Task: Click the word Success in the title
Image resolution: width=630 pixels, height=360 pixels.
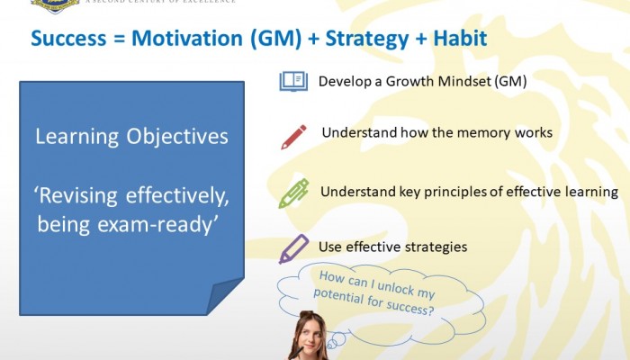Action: [x=68, y=38]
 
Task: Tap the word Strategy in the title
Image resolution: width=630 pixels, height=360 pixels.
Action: [x=366, y=40]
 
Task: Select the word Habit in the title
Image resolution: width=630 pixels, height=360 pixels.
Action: [x=460, y=38]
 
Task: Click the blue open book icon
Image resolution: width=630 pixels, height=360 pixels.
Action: [x=293, y=82]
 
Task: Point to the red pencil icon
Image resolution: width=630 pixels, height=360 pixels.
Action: [x=293, y=137]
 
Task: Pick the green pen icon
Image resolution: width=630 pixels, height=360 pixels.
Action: [x=293, y=193]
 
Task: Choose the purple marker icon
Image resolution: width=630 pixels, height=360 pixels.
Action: [x=293, y=249]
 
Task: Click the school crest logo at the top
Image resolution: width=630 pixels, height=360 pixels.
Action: [x=55, y=5]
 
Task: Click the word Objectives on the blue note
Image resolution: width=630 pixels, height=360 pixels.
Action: [x=177, y=137]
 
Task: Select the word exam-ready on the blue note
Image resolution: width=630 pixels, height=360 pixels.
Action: [x=157, y=225]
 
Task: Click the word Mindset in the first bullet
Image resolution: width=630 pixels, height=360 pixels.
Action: [x=464, y=82]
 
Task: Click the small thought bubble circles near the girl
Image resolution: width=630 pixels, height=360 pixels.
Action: [x=337, y=341]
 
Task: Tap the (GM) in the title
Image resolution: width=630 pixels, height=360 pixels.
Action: [x=276, y=39]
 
